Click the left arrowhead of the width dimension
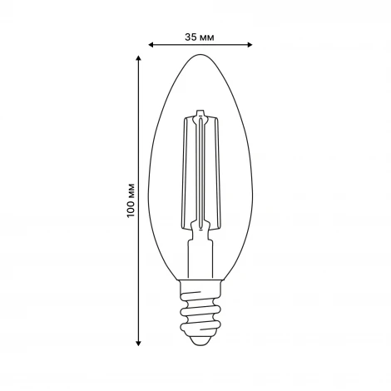tap(151, 46)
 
